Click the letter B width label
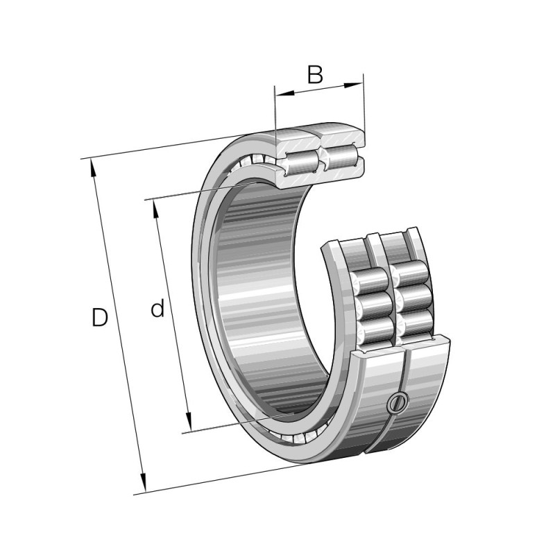(315, 74)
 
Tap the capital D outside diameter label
(99, 317)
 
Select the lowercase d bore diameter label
(158, 308)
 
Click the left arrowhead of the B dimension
(285, 94)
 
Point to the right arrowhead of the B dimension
(354, 85)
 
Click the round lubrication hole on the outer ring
(398, 402)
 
